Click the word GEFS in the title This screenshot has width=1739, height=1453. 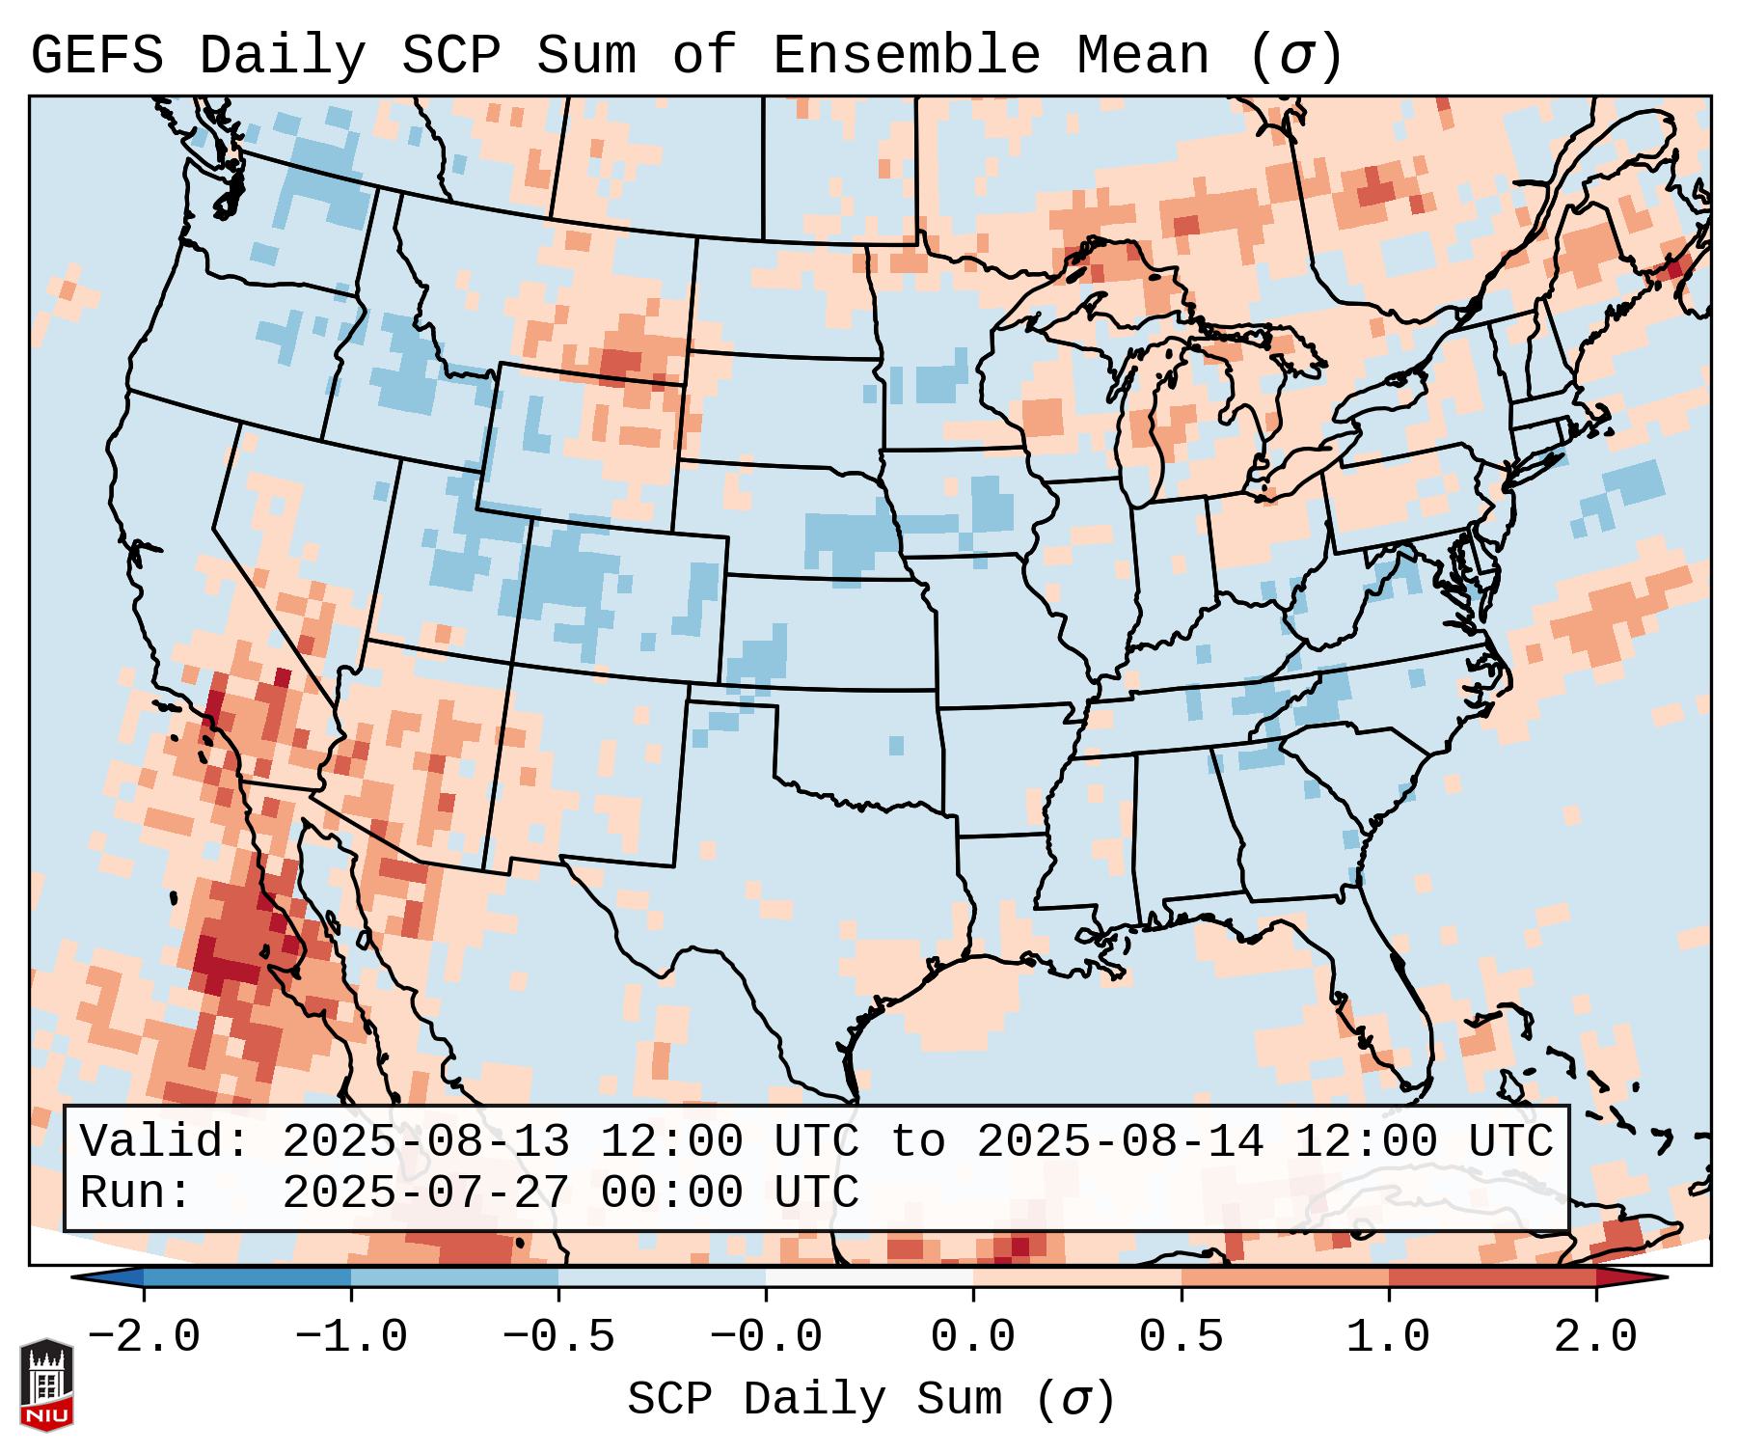[96, 56]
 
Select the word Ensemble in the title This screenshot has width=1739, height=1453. [906, 56]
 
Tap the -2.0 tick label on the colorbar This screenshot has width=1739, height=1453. [144, 1337]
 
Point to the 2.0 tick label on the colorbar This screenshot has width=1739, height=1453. [1596, 1337]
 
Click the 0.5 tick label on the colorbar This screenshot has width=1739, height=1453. [1181, 1337]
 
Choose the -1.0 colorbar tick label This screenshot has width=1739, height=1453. [351, 1337]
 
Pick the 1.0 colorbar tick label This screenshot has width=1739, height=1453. [1388, 1337]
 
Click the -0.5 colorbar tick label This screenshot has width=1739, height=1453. [558, 1337]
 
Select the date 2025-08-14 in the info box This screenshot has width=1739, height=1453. [1120, 1141]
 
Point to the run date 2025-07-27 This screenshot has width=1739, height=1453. [425, 1193]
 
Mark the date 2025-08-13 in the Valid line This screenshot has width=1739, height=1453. [425, 1141]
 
